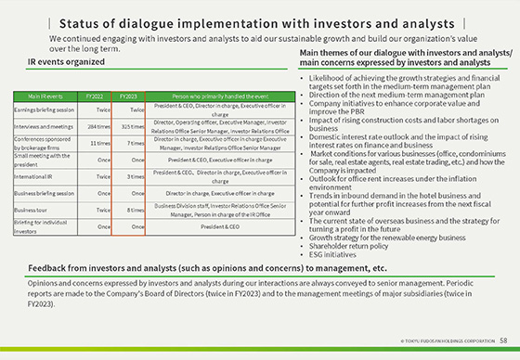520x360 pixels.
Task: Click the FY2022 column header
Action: [94, 96]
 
